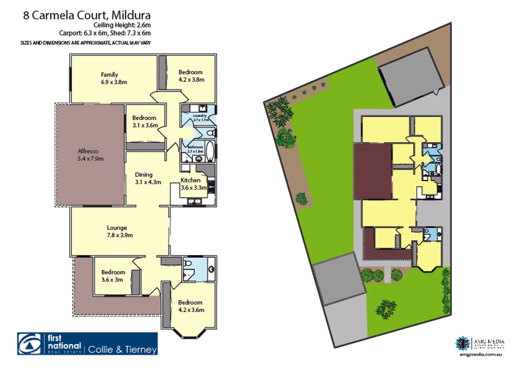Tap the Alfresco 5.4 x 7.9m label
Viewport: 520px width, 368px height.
[x=90, y=155]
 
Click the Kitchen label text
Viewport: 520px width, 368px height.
[x=190, y=180]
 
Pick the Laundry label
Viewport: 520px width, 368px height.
[x=200, y=116]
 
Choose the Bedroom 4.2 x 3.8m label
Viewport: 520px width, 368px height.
[x=191, y=76]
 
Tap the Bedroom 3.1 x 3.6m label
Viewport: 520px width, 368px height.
[x=145, y=121]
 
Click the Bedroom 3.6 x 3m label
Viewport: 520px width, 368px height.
[x=113, y=276]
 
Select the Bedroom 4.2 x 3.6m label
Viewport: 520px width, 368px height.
[x=191, y=306]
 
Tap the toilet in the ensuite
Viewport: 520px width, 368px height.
[x=187, y=263]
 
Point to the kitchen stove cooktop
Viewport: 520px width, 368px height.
[x=211, y=186]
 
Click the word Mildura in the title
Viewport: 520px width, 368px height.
[x=131, y=15]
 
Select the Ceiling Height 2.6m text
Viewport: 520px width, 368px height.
[x=122, y=25]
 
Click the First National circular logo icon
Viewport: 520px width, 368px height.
[x=29, y=344]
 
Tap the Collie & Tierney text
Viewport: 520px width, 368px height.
[x=122, y=349]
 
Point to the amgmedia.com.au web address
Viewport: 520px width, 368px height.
[x=480, y=354]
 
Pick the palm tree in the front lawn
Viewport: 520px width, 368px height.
[x=386, y=309]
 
